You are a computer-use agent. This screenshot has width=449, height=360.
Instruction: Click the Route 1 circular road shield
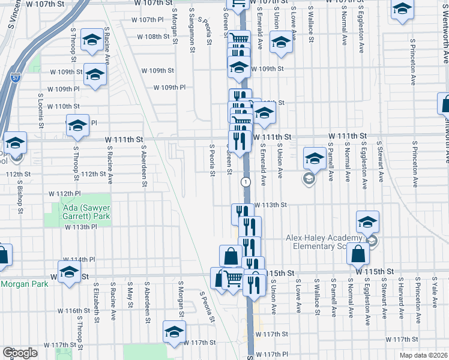pyautogui.click(x=245, y=181)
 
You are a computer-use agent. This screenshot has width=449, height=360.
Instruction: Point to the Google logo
pyautogui.click(x=20, y=353)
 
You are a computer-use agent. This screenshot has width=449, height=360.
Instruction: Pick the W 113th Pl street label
pyautogui.click(x=81, y=227)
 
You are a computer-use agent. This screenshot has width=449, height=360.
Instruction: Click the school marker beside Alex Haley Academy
pyautogui.click(x=367, y=223)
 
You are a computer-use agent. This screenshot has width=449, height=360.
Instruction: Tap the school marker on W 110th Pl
pyautogui.click(x=77, y=125)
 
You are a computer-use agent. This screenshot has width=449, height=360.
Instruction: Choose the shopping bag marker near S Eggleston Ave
pyautogui.click(x=358, y=254)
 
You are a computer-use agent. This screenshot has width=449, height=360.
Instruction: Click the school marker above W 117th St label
pyautogui.click(x=174, y=332)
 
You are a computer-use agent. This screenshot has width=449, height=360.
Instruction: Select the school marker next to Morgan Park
pyautogui.click(x=69, y=272)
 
